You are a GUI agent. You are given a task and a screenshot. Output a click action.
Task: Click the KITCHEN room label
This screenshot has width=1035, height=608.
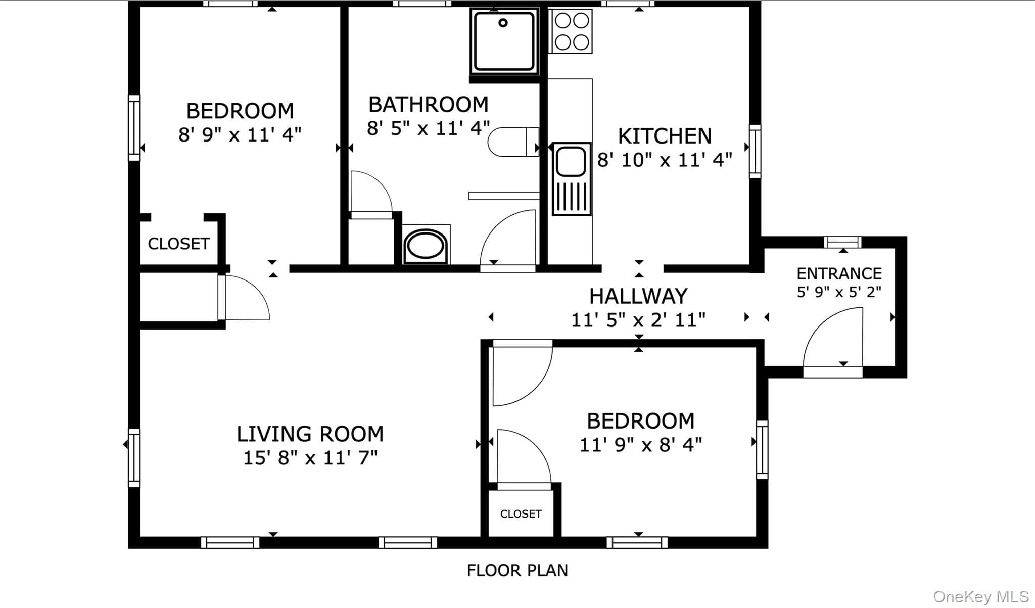tap(665, 136)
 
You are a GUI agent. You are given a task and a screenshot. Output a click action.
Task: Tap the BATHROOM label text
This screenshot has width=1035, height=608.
tap(429, 105)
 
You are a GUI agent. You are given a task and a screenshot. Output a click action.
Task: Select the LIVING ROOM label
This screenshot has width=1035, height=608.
tap(310, 434)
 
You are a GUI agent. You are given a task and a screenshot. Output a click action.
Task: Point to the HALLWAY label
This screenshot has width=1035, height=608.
tap(638, 296)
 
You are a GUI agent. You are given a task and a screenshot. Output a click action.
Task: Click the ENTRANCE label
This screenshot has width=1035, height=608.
tap(839, 274)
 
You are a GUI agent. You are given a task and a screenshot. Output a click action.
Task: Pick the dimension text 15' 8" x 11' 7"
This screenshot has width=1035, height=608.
tap(310, 458)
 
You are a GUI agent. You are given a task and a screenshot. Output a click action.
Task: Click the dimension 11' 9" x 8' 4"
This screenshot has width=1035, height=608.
tap(640, 445)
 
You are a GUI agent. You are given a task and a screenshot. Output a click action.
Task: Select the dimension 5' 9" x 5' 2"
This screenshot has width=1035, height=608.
tap(839, 292)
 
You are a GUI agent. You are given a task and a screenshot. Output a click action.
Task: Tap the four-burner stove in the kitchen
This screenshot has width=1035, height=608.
tap(571, 31)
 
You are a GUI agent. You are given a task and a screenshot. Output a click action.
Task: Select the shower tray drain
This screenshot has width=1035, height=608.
tap(503, 23)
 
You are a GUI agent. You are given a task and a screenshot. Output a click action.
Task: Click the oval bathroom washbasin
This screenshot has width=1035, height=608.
tap(426, 246)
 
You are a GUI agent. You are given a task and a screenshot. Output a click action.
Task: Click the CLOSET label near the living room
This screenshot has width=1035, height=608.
tap(178, 244)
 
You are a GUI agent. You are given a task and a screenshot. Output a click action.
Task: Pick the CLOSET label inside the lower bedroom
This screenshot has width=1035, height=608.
tap(521, 514)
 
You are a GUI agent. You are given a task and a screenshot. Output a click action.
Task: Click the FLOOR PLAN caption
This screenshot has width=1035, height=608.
tap(517, 571)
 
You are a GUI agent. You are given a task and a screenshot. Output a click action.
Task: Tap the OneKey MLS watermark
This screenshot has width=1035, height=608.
tap(981, 597)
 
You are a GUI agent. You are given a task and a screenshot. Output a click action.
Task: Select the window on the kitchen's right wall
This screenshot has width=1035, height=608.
tap(755, 151)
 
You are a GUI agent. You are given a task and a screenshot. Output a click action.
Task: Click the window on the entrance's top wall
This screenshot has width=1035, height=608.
tap(842, 242)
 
